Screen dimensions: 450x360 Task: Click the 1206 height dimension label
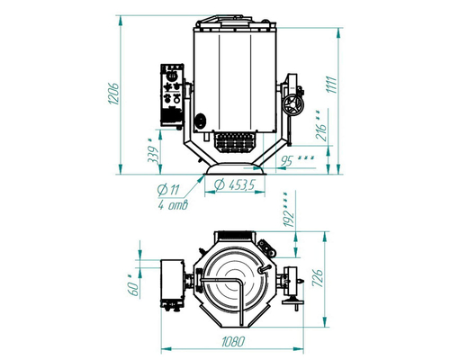click(114, 94)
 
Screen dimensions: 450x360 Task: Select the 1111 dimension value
click(332, 85)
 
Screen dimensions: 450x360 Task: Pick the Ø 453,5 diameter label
click(235, 184)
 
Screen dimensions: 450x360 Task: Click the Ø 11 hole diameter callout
click(168, 190)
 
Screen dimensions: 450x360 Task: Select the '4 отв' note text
click(173, 205)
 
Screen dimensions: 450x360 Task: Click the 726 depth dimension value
click(318, 278)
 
